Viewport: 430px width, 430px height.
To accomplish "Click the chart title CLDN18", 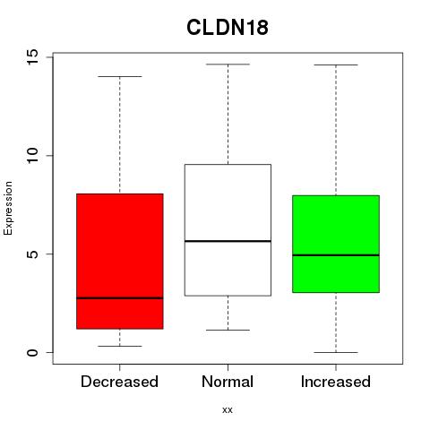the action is point(228,28).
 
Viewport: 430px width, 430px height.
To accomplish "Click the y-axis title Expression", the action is point(8,208).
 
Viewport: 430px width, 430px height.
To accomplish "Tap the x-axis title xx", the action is point(228,410).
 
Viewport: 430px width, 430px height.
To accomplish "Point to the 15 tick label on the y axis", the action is point(32,56).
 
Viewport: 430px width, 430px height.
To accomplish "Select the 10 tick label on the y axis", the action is point(32,155).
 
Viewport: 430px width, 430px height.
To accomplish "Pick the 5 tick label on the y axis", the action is point(32,254).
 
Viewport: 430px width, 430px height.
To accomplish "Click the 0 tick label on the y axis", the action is point(32,352).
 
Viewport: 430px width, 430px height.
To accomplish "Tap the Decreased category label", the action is point(119,382).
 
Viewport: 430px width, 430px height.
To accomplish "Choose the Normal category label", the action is point(228,382).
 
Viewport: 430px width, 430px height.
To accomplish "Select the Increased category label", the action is point(336,382).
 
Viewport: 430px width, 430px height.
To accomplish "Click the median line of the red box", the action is point(120,298).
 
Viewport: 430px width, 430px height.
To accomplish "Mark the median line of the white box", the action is point(228,241).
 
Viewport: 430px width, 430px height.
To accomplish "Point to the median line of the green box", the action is point(336,255).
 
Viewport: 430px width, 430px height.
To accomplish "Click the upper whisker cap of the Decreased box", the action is point(120,77).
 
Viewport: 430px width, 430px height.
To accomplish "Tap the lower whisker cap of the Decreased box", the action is point(120,346).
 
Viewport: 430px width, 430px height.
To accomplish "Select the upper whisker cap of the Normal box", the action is point(228,64).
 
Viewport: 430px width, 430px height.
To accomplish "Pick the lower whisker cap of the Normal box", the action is point(228,330).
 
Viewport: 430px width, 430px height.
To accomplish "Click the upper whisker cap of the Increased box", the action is point(336,64).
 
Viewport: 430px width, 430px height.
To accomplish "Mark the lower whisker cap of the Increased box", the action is point(336,352).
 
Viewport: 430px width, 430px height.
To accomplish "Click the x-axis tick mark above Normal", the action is point(228,367).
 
